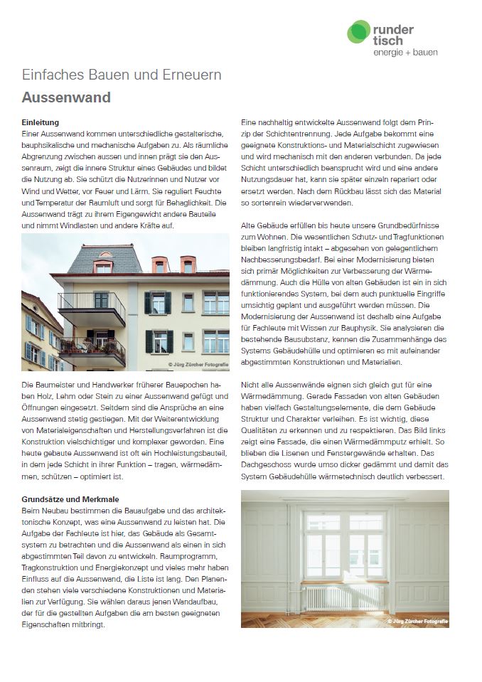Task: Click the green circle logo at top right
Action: [358, 33]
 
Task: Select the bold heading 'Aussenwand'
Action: [66, 97]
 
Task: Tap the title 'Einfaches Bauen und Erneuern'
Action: [122, 75]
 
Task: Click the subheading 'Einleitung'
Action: [41, 123]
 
